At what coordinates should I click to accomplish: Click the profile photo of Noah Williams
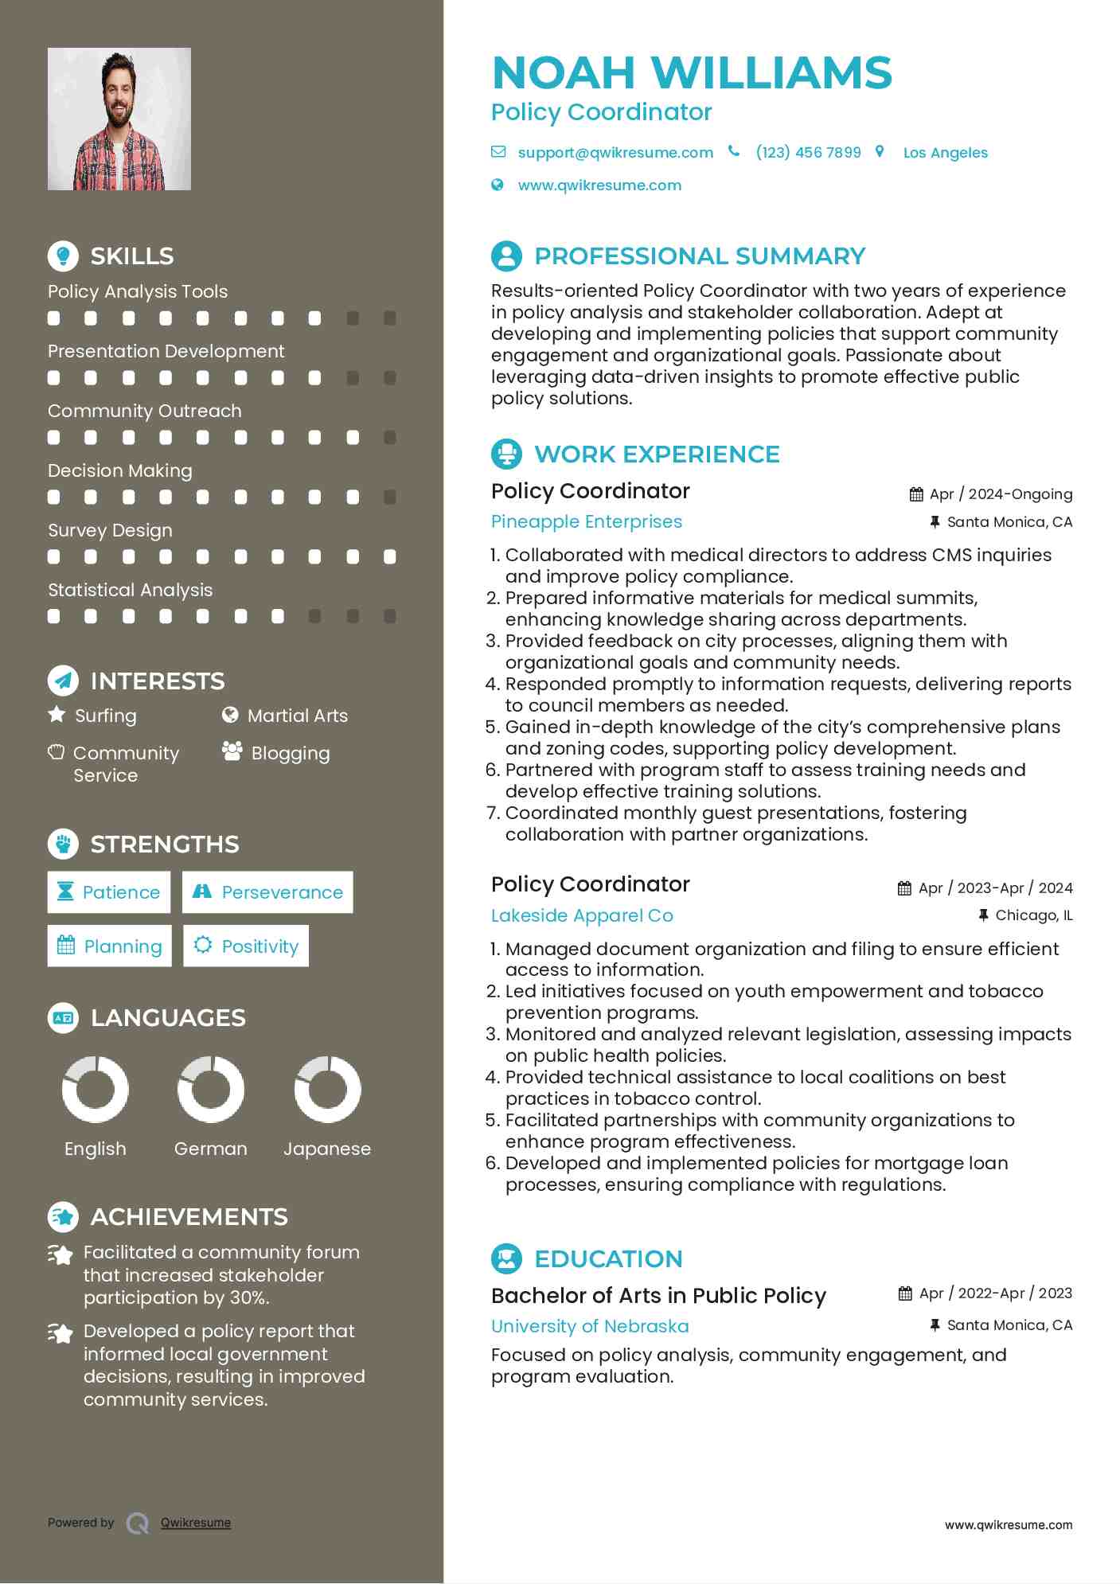point(119,119)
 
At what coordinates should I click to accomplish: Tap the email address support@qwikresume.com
point(615,153)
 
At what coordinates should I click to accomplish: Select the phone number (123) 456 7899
point(808,153)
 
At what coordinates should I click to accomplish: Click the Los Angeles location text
point(945,153)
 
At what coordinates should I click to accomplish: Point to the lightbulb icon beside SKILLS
point(63,256)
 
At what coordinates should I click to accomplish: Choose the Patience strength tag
point(109,892)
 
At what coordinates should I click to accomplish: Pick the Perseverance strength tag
point(267,892)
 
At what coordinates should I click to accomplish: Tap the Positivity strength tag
point(246,946)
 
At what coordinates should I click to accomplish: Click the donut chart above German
point(211,1090)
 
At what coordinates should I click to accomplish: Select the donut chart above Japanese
point(327,1090)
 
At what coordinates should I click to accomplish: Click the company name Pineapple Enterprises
point(587,522)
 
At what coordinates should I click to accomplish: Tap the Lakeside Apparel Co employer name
point(582,915)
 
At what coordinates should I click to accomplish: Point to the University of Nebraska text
point(590,1326)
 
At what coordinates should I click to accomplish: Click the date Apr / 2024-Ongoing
point(1001,494)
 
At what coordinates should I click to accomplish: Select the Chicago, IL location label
point(1033,915)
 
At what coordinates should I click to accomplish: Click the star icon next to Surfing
point(57,715)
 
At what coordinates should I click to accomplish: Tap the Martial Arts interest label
point(298,716)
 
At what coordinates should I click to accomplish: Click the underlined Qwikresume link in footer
point(196,1523)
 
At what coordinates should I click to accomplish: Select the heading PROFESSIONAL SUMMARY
point(700,256)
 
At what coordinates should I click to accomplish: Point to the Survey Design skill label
point(110,530)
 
